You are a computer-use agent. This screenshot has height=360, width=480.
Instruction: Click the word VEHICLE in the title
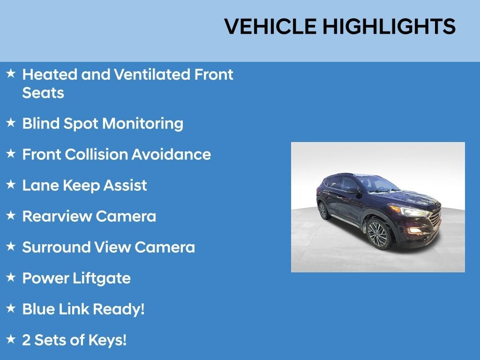(x=270, y=27)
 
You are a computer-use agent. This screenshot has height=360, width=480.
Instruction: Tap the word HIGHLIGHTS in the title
(x=389, y=27)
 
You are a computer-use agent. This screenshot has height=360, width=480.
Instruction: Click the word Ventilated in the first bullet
(x=153, y=75)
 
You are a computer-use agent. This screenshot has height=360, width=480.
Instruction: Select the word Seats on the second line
(x=43, y=93)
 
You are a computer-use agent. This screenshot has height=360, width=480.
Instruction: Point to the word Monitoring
(x=142, y=124)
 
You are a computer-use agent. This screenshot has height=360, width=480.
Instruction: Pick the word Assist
(x=126, y=186)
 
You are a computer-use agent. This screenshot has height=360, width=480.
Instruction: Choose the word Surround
(x=56, y=247)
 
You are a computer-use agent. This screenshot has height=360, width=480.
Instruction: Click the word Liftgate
(x=103, y=278)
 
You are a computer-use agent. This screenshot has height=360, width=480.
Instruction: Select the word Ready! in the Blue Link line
(x=119, y=309)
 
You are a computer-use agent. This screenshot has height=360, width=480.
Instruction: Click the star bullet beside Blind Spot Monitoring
(x=11, y=123)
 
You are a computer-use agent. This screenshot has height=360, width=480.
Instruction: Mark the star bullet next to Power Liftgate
(x=11, y=277)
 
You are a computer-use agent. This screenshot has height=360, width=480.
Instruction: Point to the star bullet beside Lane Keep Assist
(x=11, y=185)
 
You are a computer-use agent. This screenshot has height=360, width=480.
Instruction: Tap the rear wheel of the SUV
(x=323, y=210)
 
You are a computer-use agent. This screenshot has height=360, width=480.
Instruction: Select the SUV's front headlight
(x=415, y=212)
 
